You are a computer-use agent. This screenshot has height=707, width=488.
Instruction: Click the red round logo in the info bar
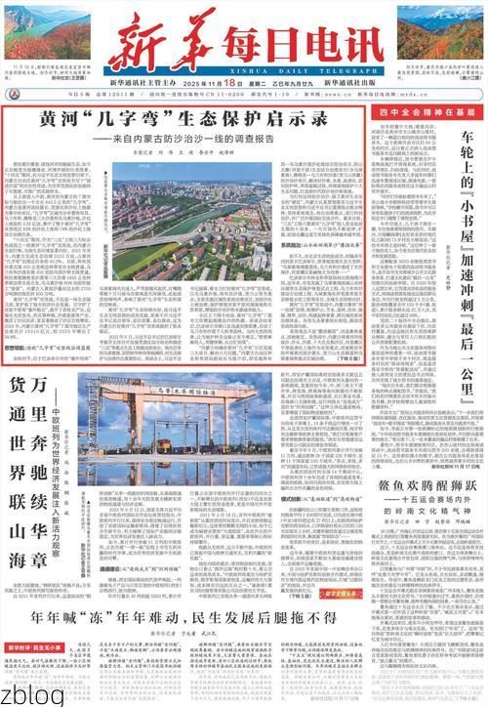tap(14, 95)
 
